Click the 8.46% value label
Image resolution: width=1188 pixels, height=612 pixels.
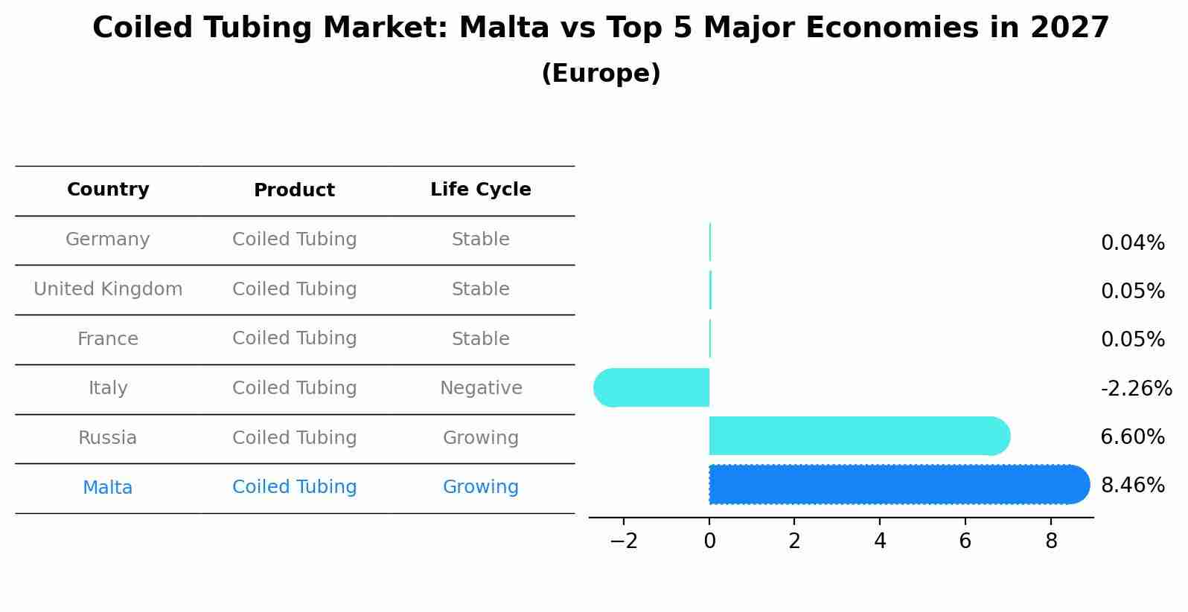1132,486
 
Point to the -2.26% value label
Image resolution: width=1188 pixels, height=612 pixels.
1136,388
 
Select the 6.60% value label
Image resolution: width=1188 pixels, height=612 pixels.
1132,437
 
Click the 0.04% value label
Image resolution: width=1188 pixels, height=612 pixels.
1132,242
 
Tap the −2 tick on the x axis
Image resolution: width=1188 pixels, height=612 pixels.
624,541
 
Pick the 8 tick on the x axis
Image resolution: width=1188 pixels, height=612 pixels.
1051,541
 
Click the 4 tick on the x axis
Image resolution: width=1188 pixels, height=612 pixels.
880,541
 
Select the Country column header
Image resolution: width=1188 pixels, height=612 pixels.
108,190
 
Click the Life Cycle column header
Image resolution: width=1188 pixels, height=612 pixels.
481,190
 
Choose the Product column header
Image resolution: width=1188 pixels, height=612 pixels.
294,190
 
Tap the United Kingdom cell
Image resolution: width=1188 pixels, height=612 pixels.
108,289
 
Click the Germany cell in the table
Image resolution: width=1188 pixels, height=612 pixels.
108,239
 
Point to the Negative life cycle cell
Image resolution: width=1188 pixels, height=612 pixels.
481,388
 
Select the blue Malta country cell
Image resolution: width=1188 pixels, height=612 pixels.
108,488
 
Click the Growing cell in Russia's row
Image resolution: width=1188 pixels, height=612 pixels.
481,438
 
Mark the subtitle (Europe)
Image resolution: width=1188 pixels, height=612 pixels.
601,74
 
